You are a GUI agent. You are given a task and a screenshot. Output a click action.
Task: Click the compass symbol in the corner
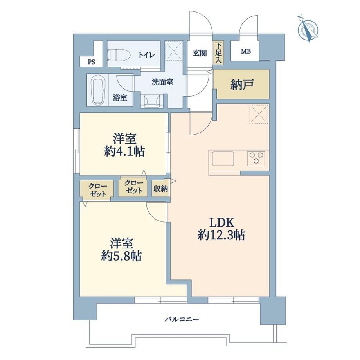coord(308,29)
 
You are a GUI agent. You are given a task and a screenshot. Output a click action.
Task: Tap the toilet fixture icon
coord(119,55)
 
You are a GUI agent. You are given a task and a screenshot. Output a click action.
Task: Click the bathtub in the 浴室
coord(98,90)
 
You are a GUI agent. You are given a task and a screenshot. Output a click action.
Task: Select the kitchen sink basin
coord(223,158)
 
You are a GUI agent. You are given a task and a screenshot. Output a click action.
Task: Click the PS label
coord(91,62)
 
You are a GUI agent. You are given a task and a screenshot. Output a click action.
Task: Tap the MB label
coord(246,51)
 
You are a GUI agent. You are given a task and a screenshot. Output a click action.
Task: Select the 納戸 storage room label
coord(242,85)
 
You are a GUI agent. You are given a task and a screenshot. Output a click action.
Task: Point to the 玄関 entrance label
coord(200,53)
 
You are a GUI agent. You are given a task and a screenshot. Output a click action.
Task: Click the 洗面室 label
coord(162,82)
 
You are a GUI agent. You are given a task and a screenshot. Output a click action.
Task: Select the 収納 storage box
coord(160,189)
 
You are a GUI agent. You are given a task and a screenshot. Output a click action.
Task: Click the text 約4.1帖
coord(124,151)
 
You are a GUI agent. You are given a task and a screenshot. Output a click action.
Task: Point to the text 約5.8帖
coord(121,256)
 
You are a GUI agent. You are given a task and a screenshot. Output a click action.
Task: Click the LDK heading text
coord(221,222)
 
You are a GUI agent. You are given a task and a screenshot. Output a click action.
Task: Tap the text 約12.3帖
coord(221,235)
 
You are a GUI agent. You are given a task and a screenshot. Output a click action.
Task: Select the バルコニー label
coord(182,319)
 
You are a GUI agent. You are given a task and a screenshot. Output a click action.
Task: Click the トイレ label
coord(146,55)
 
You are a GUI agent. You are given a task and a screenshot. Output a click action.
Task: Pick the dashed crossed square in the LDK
coord(259,114)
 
